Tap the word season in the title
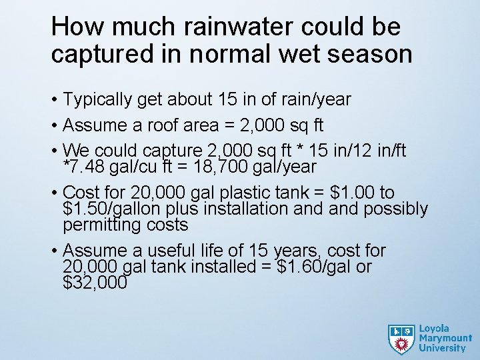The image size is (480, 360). (x=371, y=54)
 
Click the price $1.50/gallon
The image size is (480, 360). (x=113, y=209)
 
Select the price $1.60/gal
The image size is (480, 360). (x=311, y=267)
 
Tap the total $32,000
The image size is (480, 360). (x=95, y=283)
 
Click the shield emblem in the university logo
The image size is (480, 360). (x=401, y=339)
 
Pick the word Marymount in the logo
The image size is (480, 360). (x=445, y=339)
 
